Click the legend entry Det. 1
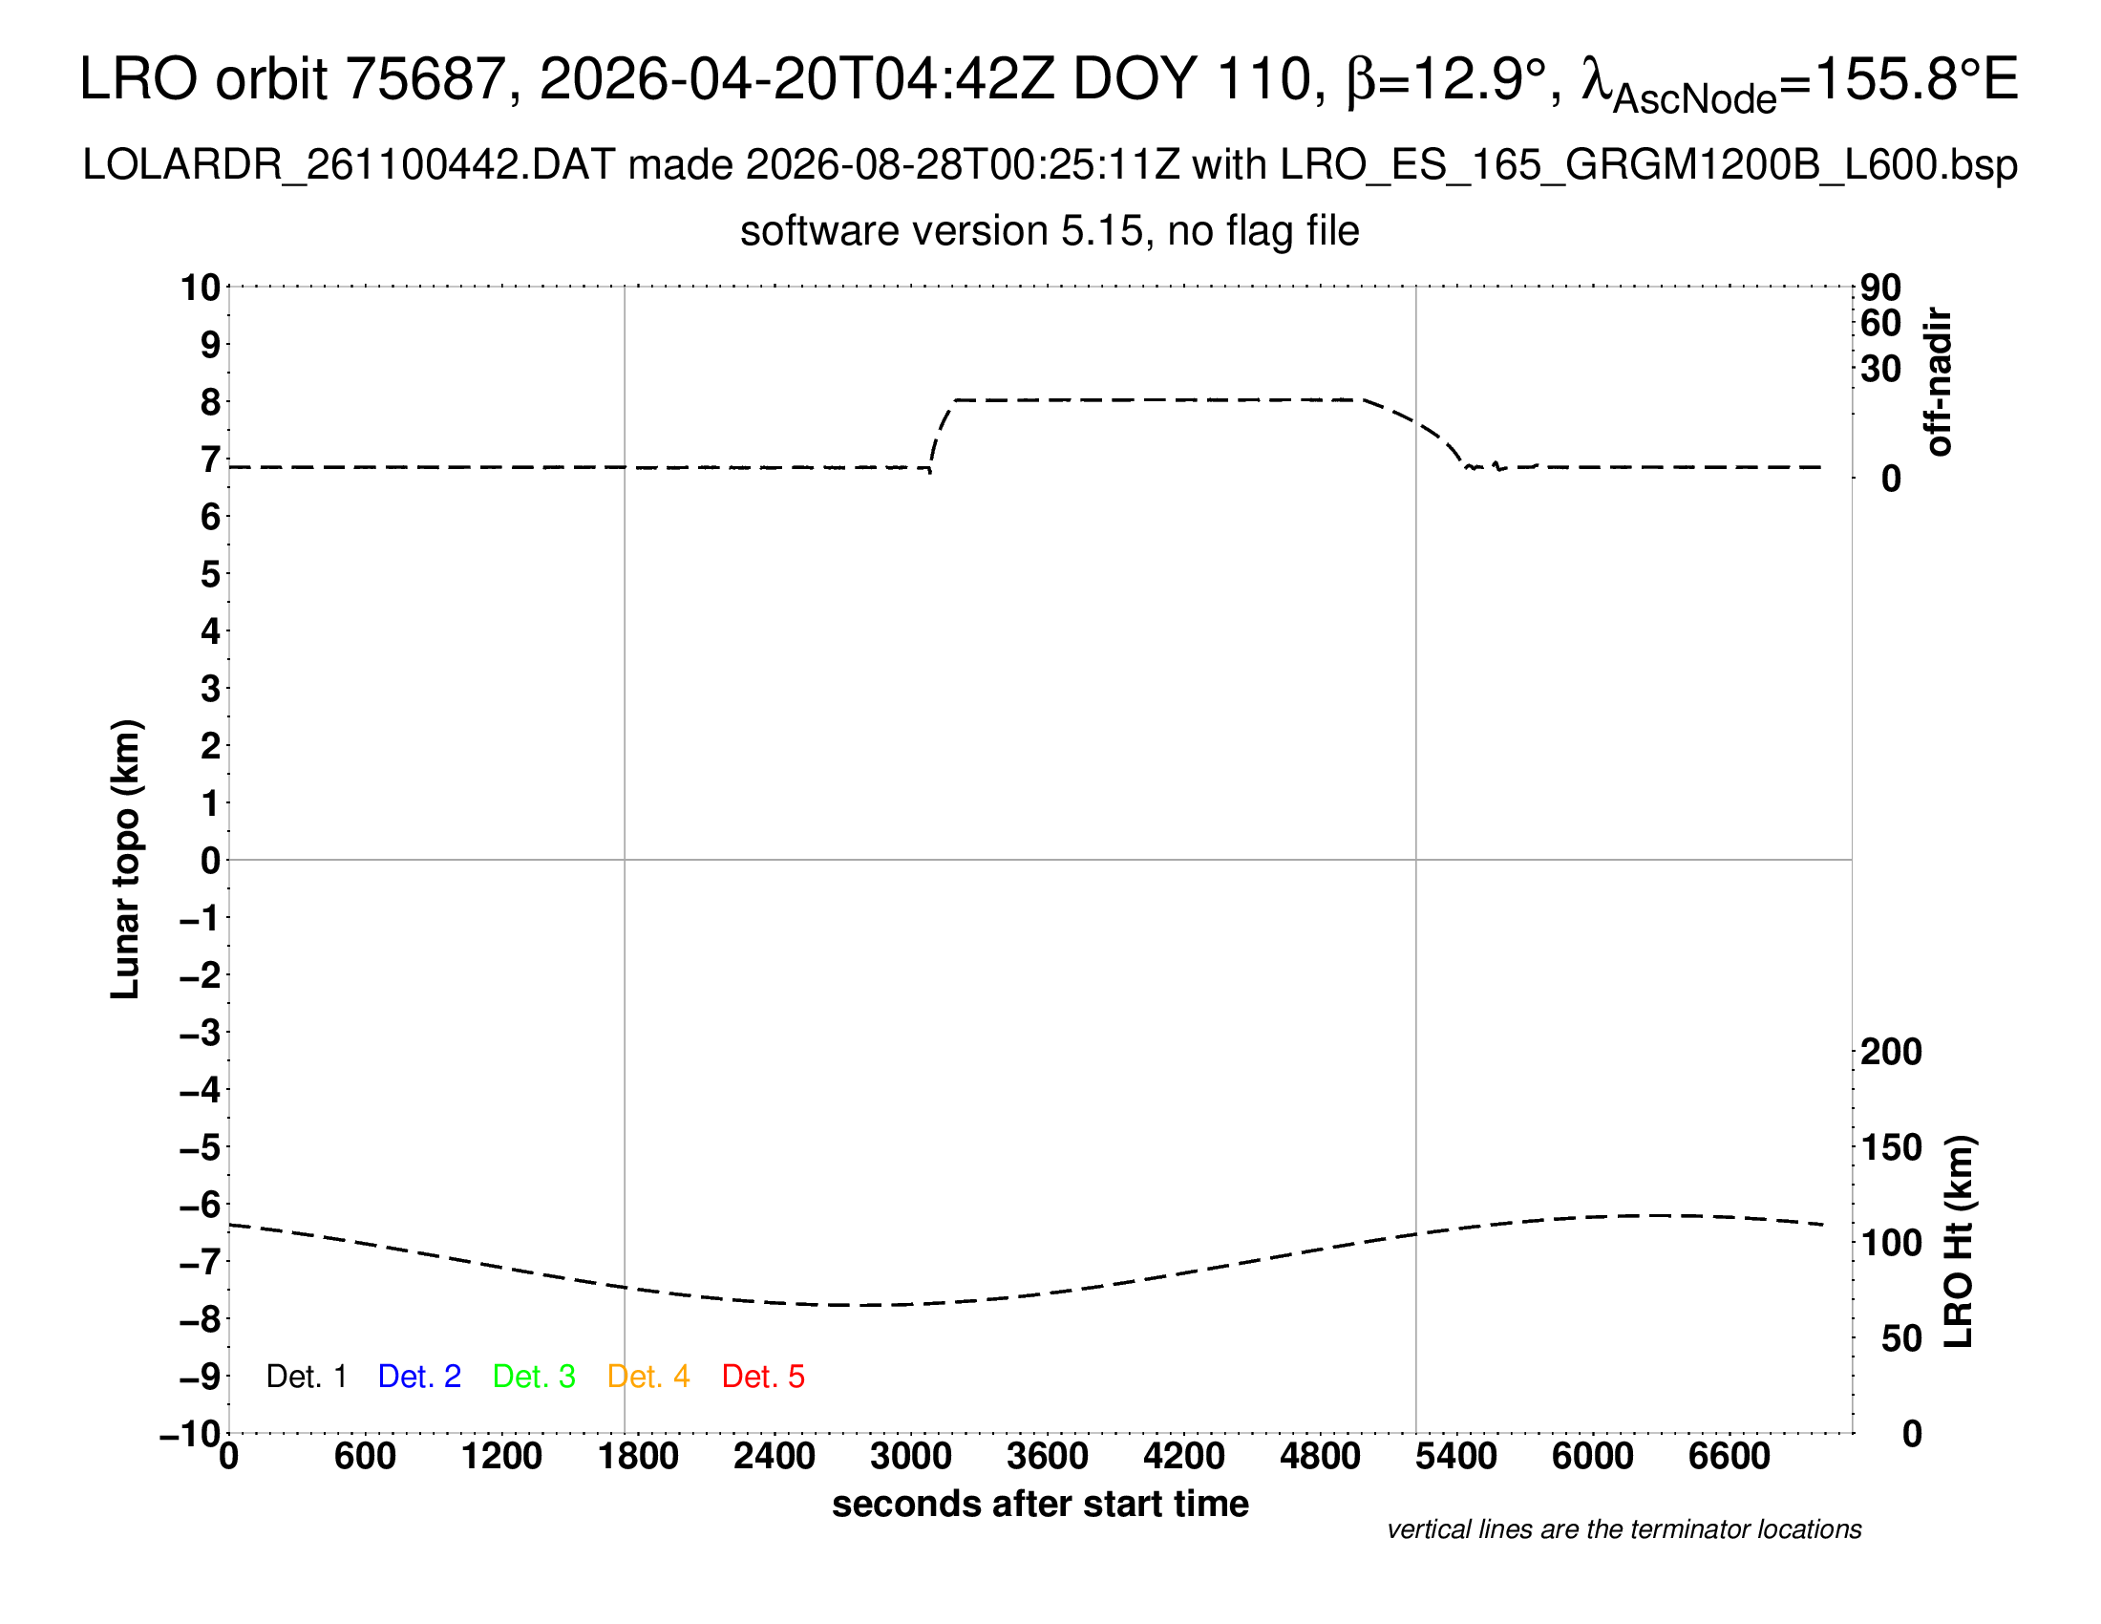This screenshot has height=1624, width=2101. pyautogui.click(x=306, y=1377)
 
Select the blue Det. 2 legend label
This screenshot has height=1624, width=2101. pyautogui.click(x=419, y=1377)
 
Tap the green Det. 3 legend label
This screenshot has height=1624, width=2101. pyautogui.click(x=534, y=1377)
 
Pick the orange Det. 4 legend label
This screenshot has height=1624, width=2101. pyautogui.click(x=648, y=1377)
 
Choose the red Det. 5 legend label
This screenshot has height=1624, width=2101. pyautogui.click(x=763, y=1377)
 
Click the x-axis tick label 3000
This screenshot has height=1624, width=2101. pyautogui.click(x=911, y=1457)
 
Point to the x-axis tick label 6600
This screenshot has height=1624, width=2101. pyautogui.click(x=1730, y=1457)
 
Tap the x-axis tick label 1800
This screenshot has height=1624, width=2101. pyautogui.click(x=638, y=1457)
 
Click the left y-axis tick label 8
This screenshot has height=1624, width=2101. pyautogui.click(x=211, y=402)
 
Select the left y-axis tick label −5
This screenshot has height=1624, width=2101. pyautogui.click(x=201, y=1147)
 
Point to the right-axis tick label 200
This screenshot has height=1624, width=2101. pyautogui.click(x=1891, y=1052)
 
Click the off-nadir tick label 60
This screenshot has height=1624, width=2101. pyautogui.click(x=1880, y=323)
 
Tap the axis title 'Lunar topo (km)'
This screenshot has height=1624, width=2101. pyautogui.click(x=126, y=859)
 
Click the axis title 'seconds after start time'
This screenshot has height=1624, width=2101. pyautogui.click(x=1040, y=1504)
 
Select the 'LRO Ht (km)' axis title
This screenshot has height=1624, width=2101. pyautogui.click(x=1959, y=1242)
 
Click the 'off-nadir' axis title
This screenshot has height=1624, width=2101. pyautogui.click(x=1938, y=382)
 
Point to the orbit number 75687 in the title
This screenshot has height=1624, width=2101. pyautogui.click(x=425, y=78)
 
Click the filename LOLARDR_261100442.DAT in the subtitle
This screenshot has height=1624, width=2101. pyautogui.click(x=350, y=165)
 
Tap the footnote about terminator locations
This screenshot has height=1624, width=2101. pyautogui.click(x=1623, y=1529)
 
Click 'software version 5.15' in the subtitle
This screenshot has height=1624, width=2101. pyautogui.click(x=942, y=231)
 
